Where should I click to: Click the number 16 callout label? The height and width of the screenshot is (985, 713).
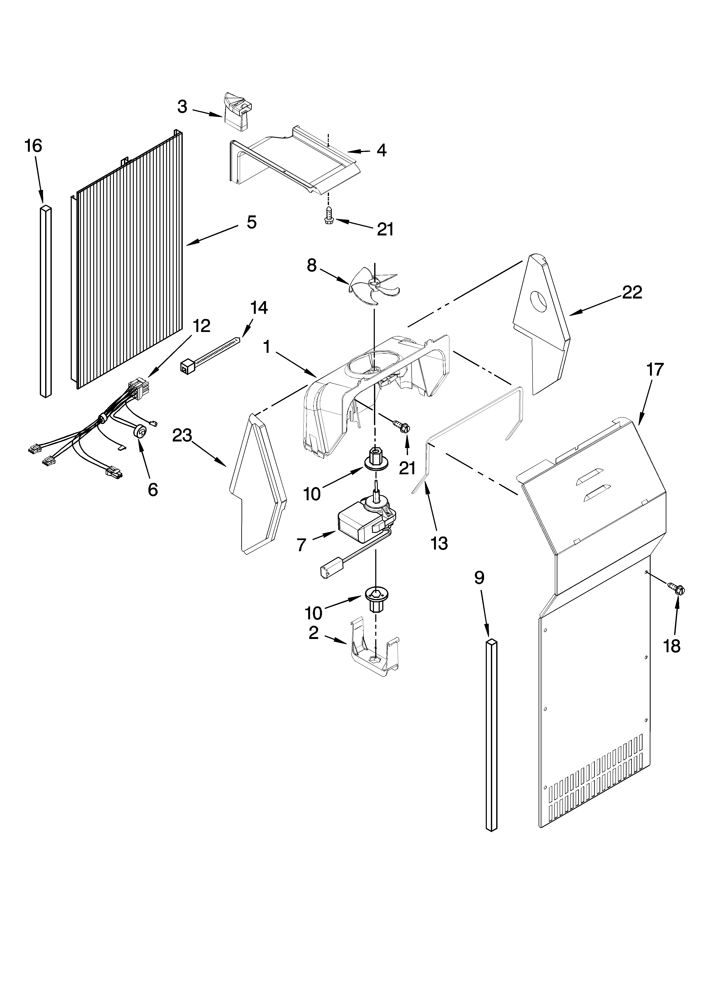pyautogui.click(x=33, y=146)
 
